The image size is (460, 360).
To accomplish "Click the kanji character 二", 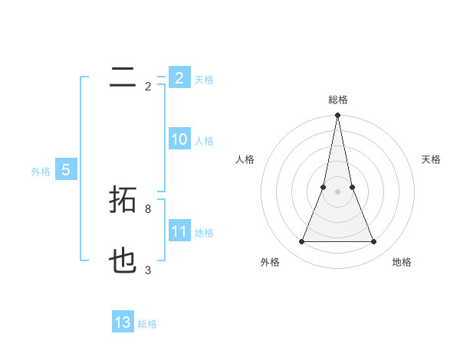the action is [x=123, y=77].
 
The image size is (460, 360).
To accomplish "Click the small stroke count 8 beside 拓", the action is [x=148, y=208].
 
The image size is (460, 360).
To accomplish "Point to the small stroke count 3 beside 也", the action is [x=148, y=270].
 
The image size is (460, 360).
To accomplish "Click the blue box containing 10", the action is [x=179, y=139].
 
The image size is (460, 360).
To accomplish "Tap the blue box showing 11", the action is [x=179, y=231].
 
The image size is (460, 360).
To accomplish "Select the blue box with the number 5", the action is [x=66, y=171].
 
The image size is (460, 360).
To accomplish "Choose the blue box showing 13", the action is [x=123, y=322].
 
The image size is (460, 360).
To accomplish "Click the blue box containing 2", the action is [x=179, y=78].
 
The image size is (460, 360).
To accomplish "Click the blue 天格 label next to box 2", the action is [x=204, y=80].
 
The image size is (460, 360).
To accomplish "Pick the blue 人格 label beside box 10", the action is [x=204, y=141].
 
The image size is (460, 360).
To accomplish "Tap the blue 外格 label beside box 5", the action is [x=41, y=172].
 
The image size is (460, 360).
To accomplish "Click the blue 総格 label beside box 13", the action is [x=147, y=324].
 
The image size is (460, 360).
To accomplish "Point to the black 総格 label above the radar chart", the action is [x=337, y=100].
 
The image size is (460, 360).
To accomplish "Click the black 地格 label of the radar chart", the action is [x=402, y=262].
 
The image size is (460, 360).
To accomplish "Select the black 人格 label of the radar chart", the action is [x=245, y=159].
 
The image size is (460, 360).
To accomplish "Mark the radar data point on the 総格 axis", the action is [x=337, y=116].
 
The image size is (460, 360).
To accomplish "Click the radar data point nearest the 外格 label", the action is [x=301, y=242].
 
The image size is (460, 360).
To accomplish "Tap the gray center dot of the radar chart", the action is [x=337, y=191].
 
